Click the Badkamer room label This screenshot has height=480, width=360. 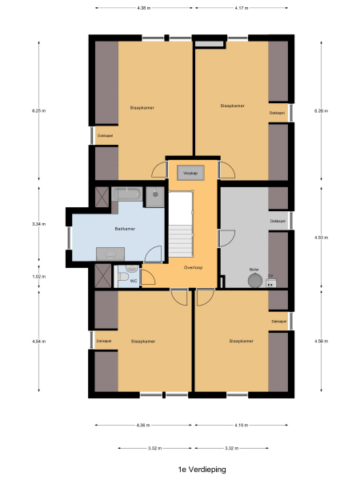pos(124,228)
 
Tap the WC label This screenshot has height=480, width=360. pos(134,282)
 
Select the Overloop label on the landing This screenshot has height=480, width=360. pos(192,266)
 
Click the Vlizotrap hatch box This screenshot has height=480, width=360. pos(190,172)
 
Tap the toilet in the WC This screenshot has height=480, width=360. pos(122,277)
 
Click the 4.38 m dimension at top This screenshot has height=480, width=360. pos(142,8)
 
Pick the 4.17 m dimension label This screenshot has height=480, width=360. pos(239,8)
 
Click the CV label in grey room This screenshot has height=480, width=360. pos(271,275)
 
